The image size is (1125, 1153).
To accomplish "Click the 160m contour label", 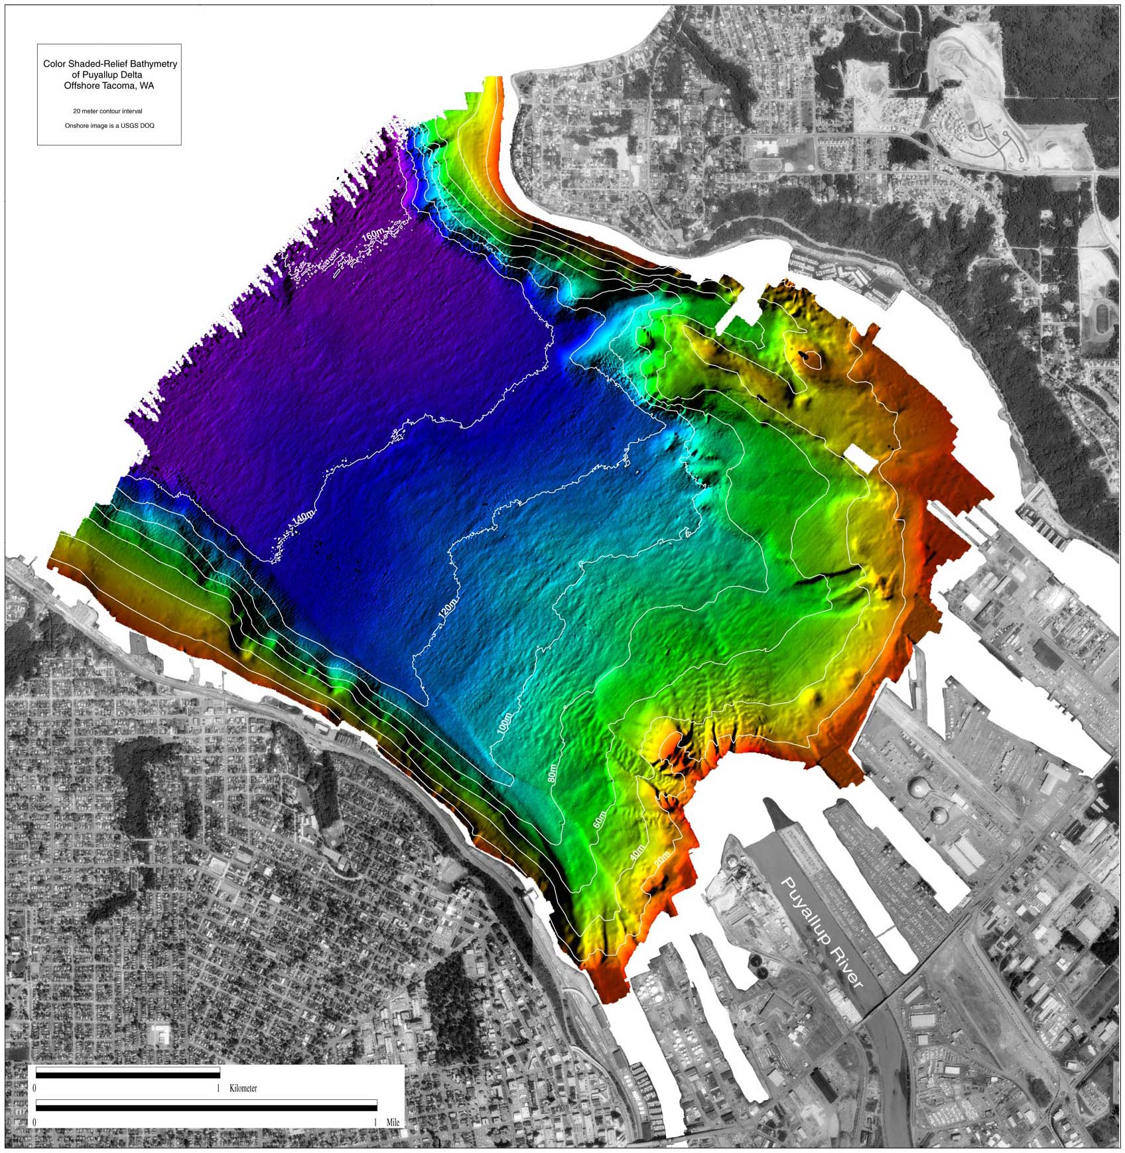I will tap(372, 235).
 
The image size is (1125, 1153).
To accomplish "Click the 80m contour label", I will tap(553, 774).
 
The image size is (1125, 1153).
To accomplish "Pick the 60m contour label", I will tap(599, 819).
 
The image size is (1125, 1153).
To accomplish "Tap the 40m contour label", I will tap(637, 853).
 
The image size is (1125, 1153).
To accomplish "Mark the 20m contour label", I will tap(662, 860).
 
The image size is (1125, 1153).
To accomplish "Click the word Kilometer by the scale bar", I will tap(243, 1089).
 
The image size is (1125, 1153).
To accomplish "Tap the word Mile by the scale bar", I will tap(393, 1123).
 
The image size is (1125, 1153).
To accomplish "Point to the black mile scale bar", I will tap(206, 1105).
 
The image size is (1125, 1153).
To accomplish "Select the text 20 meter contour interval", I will tap(107, 111).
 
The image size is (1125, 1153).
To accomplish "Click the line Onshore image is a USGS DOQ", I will tap(109, 125).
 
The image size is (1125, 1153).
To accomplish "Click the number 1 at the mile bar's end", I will tap(375, 1123).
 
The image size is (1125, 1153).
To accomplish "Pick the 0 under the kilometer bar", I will tap(34, 1089).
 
